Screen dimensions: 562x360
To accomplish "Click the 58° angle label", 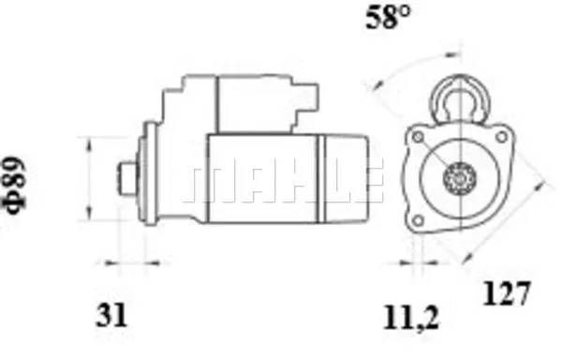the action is (x=388, y=17).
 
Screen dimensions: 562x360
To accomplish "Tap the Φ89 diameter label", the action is (x=16, y=185).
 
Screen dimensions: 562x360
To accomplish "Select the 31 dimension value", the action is (x=111, y=316).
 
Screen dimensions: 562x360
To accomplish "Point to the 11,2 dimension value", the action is (x=411, y=318).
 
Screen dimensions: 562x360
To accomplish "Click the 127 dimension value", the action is (x=506, y=293).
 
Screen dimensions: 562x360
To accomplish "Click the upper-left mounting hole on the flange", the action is (x=418, y=137).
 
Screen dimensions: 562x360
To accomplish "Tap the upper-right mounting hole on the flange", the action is (x=501, y=137).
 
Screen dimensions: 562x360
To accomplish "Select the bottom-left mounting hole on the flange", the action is (x=418, y=220).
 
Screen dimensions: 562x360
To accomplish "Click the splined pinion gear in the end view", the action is (x=460, y=178).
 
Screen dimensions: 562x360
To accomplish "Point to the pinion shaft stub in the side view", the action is (x=128, y=179).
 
